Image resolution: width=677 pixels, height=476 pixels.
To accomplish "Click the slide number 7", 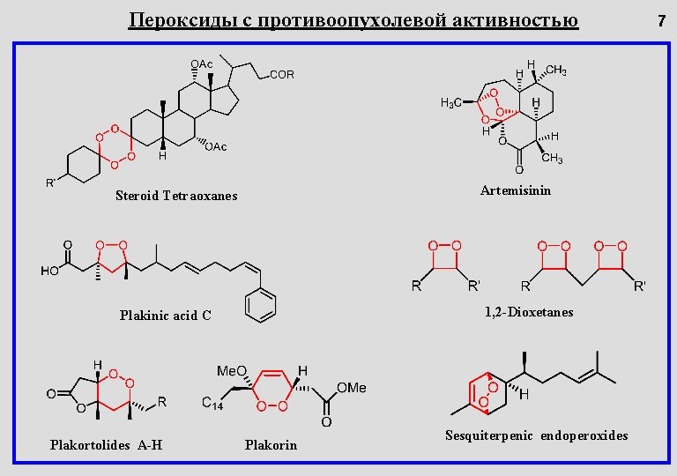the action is click(661, 19).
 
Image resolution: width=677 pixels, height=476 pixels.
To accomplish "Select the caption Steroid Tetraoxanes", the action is click(176, 196).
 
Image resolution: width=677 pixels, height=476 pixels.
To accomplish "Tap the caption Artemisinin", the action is click(516, 190).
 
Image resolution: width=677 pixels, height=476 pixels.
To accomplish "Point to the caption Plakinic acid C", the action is click(165, 316).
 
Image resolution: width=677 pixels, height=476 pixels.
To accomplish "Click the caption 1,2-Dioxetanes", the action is click(529, 312).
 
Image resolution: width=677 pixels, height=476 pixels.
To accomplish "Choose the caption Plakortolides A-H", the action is click(106, 444).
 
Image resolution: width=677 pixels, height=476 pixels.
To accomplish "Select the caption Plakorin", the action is click(271, 445).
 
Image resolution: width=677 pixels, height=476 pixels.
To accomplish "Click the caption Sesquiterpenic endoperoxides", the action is click(537, 435).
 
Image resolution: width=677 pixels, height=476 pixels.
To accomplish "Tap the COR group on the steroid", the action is click(282, 76).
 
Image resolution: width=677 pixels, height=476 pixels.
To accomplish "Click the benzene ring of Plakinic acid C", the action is click(261, 304).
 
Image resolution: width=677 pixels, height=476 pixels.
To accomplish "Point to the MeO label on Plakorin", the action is click(232, 370).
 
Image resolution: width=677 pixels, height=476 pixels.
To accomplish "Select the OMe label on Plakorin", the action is click(353, 387).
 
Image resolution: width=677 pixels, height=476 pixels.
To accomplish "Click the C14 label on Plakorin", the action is click(212, 405).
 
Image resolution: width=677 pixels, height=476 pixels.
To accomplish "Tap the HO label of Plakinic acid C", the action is click(49, 271).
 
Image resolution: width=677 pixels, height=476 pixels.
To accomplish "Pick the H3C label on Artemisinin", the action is click(450, 103).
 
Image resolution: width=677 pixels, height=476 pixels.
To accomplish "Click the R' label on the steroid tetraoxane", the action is click(51, 183).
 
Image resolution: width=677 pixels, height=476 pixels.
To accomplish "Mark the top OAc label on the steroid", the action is click(201, 64).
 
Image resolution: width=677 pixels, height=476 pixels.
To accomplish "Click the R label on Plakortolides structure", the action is click(161, 402).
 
